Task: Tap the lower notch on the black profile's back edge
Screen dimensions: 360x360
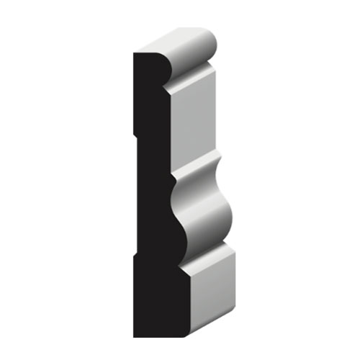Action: click(x=135, y=255)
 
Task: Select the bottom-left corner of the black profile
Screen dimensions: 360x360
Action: click(x=135, y=336)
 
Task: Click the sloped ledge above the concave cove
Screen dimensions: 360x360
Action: click(x=194, y=163)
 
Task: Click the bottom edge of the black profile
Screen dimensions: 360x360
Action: click(x=155, y=336)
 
